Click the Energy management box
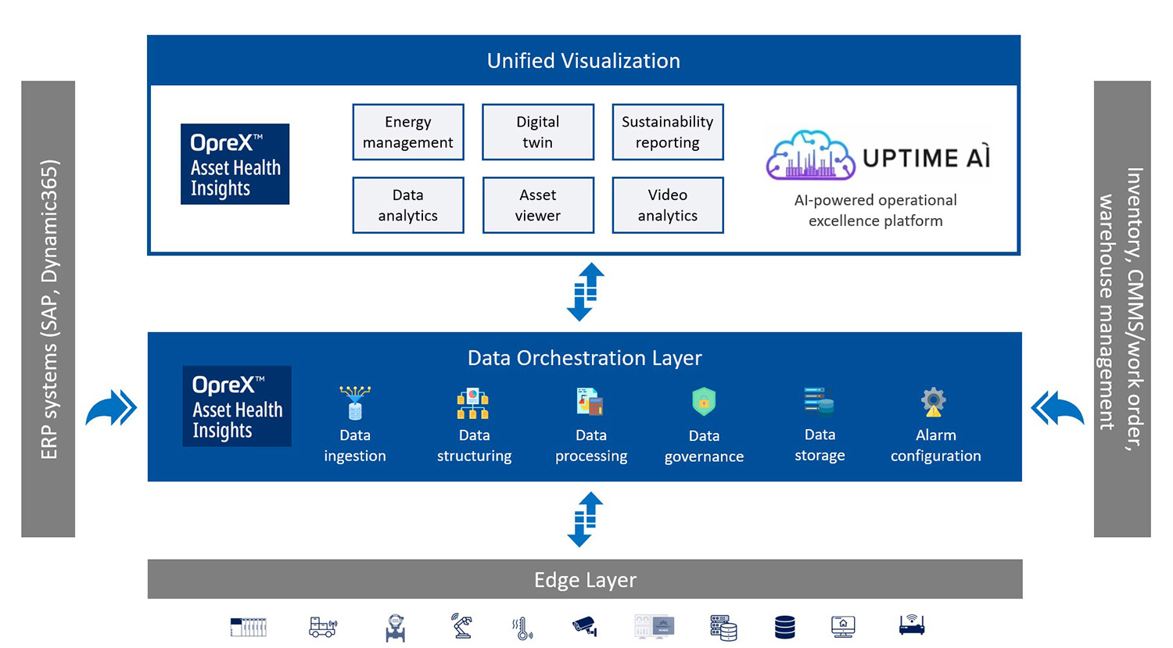pos(407,132)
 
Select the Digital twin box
pos(537,132)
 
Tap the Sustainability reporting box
pos(667,132)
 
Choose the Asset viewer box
pos(537,206)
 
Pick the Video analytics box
pos(667,206)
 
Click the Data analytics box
pos(407,206)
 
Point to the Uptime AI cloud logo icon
pos(810,156)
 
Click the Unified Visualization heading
pos(583,61)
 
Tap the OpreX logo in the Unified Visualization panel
pos(235,164)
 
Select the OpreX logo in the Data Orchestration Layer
pos(237,406)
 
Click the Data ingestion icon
pos(355,403)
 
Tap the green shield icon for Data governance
pos(704,402)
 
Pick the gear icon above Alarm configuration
pos(934,402)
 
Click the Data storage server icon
pos(819,402)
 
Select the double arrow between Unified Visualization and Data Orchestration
pos(585,292)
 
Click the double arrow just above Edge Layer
pos(585,519)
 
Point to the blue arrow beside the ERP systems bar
pos(111,407)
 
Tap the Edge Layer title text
pos(585,580)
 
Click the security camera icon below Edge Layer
pos(584,626)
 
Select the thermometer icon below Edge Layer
pos(522,628)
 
